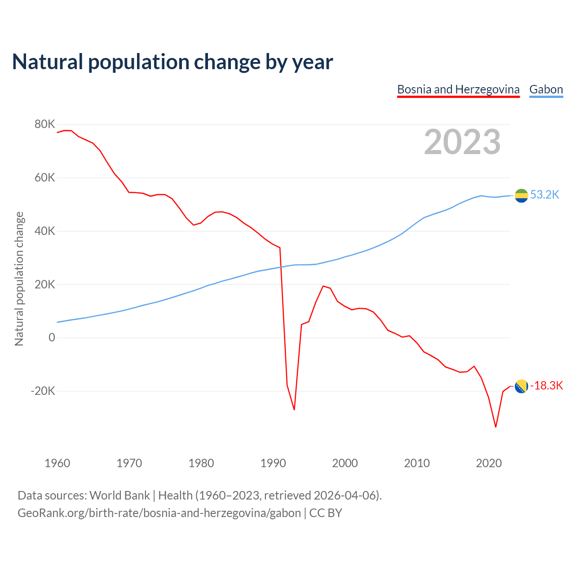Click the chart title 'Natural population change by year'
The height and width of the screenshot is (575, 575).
[172, 62]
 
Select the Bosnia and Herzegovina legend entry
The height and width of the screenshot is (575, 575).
[458, 89]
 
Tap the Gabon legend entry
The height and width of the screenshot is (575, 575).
[546, 89]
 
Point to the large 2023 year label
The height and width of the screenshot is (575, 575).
[462, 142]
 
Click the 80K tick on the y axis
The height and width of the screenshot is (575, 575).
[44, 124]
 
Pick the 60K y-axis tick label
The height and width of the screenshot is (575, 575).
[44, 178]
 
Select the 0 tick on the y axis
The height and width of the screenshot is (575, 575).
[52, 338]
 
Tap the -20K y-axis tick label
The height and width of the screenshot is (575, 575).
[43, 391]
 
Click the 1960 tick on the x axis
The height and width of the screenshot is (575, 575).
[57, 463]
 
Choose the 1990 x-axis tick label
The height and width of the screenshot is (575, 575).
[273, 463]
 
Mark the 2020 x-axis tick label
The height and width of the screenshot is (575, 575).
[489, 463]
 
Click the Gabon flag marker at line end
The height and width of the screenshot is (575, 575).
[521, 195]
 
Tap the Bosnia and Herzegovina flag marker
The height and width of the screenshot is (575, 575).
[521, 386]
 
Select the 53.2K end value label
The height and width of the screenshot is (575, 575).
[544, 195]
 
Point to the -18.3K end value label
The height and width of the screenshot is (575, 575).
[546, 386]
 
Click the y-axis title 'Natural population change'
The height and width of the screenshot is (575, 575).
[19, 279]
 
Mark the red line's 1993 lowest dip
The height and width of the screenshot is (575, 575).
[294, 410]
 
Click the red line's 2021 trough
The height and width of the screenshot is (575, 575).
[495, 427]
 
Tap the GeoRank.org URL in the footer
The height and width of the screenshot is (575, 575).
[159, 513]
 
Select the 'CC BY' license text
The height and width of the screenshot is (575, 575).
[326, 513]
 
